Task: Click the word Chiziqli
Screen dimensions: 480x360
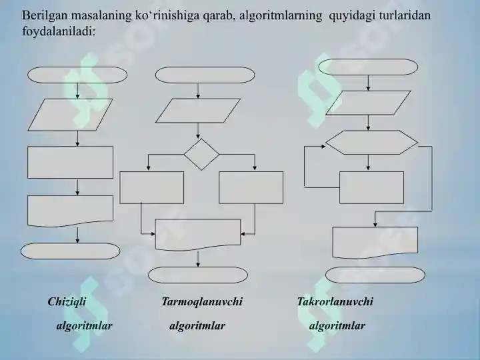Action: (x=67, y=302)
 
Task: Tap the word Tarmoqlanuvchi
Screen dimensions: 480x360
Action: (x=202, y=302)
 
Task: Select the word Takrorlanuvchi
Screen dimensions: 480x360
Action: (x=335, y=302)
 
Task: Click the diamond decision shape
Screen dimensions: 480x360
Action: (x=201, y=154)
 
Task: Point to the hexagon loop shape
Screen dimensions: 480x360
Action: (x=371, y=143)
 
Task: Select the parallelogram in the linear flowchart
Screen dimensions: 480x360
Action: (x=71, y=115)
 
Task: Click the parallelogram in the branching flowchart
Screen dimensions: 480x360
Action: (x=198, y=111)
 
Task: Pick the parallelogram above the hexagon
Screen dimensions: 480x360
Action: (x=368, y=103)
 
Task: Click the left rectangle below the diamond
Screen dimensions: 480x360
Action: (x=152, y=187)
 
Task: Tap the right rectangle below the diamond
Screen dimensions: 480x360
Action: (x=251, y=187)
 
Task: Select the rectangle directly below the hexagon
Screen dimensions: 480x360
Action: (x=371, y=187)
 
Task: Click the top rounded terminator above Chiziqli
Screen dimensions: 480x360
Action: (x=77, y=75)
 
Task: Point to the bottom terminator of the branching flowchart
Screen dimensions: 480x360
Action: (x=198, y=275)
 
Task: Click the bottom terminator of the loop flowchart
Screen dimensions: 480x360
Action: (x=375, y=275)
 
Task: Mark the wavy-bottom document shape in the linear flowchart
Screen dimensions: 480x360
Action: (x=71, y=211)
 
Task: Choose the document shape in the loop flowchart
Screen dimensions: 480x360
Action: (x=375, y=242)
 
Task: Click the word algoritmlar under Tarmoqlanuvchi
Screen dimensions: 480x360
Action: (x=197, y=326)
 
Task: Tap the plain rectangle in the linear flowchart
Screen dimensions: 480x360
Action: (x=71, y=162)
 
